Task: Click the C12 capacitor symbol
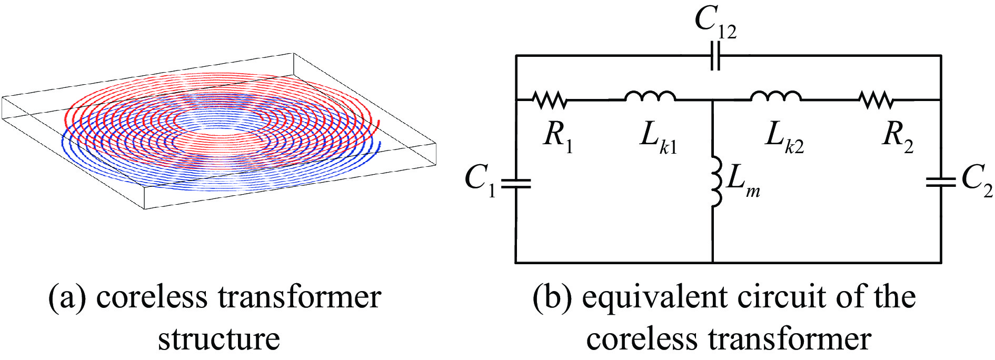point(714,55)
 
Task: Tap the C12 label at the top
point(715,24)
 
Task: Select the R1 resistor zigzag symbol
point(549,99)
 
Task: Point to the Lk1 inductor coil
point(650,96)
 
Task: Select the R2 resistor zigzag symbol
point(876,99)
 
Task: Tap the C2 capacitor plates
point(940,182)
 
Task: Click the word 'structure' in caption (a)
point(219,338)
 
